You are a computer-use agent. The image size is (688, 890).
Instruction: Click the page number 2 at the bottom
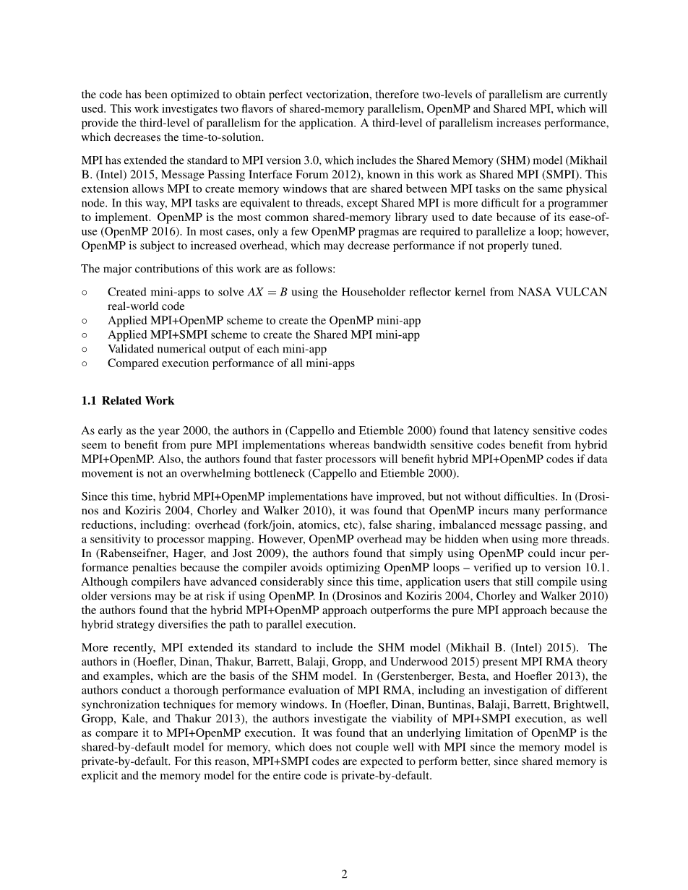click(344, 874)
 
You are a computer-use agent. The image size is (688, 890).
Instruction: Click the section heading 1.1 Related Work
click(128, 401)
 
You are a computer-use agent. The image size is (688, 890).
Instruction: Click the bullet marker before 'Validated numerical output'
click(85, 350)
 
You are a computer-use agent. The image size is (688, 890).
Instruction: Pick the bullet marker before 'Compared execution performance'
click(85, 363)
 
